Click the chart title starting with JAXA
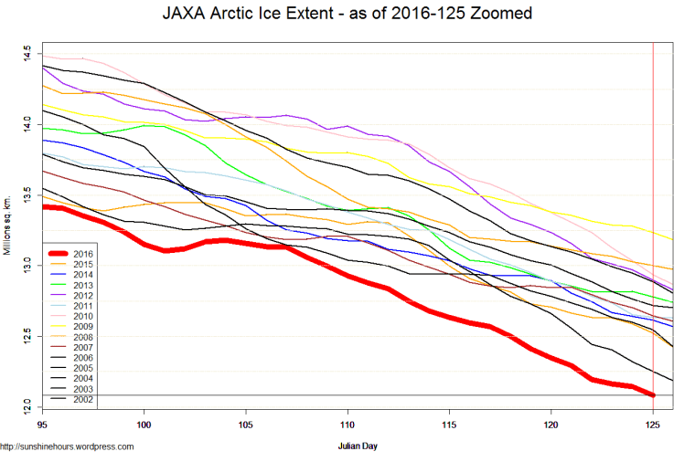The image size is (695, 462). pyautogui.click(x=347, y=16)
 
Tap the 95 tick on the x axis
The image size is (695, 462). pyautogui.click(x=41, y=425)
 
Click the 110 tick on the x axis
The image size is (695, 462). pyautogui.click(x=347, y=425)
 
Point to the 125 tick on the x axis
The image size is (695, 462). pyautogui.click(x=653, y=425)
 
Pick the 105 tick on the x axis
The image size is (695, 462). pyautogui.click(x=245, y=425)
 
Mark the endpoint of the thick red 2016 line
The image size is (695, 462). pyautogui.click(x=653, y=394)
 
